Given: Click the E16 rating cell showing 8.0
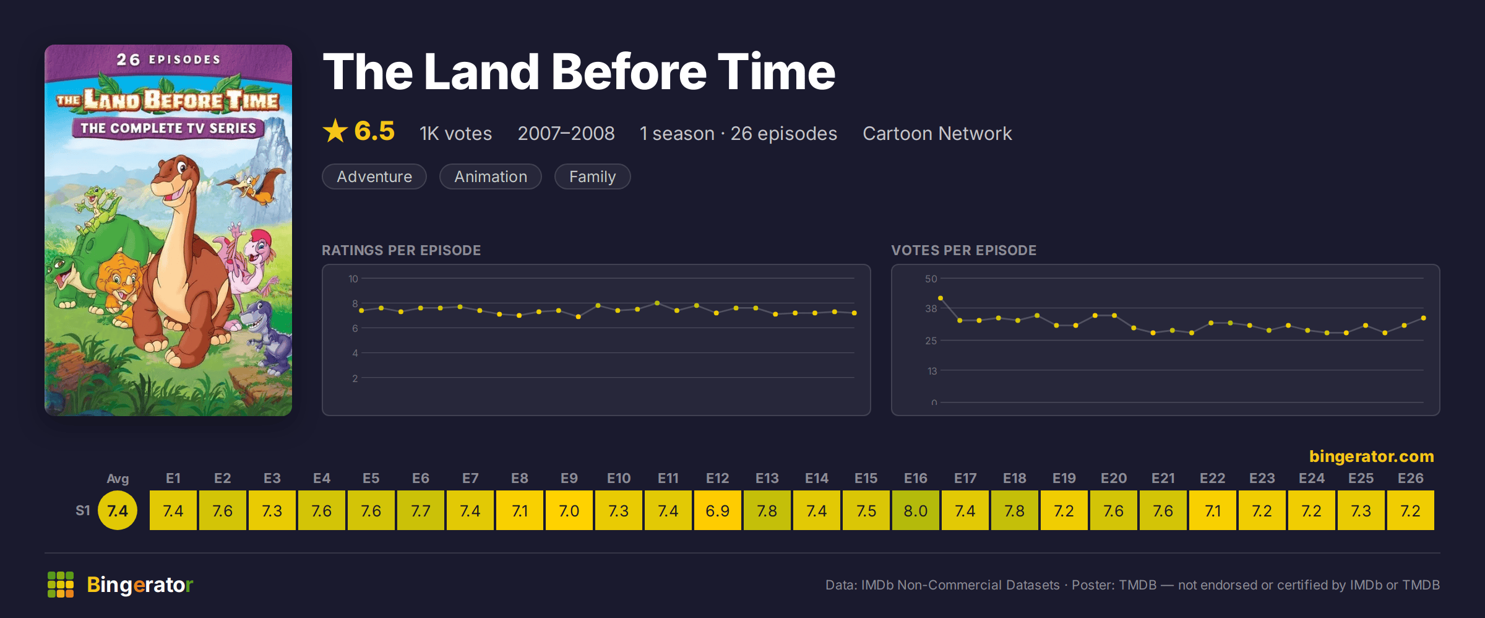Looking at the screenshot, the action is [915, 510].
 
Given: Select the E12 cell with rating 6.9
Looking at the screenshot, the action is [717, 510].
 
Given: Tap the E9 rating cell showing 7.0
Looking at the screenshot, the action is [569, 510].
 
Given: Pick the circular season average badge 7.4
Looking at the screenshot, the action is [118, 510].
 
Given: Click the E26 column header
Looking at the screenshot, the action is [1410, 478].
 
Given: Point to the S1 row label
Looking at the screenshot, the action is [83, 510].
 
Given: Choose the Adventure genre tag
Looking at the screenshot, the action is [374, 176].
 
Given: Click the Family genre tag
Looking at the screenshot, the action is [592, 176].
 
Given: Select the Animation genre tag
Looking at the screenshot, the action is [491, 176].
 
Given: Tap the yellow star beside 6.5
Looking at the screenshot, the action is [335, 131].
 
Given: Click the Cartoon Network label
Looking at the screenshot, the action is [937, 133].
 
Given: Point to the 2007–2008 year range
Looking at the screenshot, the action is [566, 133].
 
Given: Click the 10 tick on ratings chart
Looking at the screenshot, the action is [353, 279].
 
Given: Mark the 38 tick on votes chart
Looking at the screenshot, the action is [931, 308].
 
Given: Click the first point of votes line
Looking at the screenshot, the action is [940, 298].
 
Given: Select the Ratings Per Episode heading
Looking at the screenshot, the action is [401, 250].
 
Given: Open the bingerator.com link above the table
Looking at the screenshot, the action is [1372, 456].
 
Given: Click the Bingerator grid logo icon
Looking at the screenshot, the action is [61, 585].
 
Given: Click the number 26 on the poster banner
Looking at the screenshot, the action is [128, 59].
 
